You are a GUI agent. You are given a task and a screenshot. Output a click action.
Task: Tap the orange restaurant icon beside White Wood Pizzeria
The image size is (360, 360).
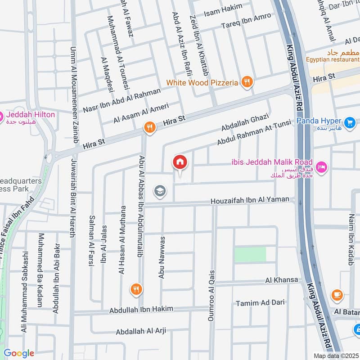coord(247,82)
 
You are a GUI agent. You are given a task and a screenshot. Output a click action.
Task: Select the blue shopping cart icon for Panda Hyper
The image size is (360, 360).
coord(349,122)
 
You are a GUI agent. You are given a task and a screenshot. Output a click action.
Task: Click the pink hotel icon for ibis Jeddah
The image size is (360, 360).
coord(322,167)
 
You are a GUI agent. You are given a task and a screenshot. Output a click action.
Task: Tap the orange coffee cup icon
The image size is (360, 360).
coord(336,295)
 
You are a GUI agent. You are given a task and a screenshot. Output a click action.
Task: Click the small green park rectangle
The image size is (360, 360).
coord(250,254)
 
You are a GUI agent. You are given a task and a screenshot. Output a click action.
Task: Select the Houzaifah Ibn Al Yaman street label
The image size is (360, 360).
coord(252,202)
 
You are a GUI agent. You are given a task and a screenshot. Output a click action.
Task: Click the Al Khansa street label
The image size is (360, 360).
coord(282,280)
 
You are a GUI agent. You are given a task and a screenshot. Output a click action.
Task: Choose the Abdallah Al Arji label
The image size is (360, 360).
coord(141,331)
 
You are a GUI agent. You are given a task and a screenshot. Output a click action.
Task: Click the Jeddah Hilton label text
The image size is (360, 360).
coord(31,115)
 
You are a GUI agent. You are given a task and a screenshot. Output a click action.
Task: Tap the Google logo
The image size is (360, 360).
coord(19,353)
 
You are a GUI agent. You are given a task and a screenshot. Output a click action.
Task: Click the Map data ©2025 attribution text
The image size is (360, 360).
coord(335,355)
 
